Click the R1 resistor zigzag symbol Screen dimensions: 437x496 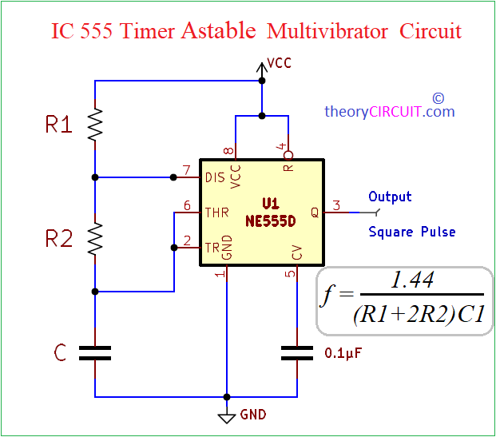coord(95,125)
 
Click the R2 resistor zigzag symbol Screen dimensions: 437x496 coord(95,238)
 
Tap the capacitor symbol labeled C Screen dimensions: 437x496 coord(95,353)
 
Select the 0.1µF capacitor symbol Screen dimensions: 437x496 coord(298,353)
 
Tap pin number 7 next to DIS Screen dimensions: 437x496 coord(187,169)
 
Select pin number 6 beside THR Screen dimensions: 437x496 coord(187,205)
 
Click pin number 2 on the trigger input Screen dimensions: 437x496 coord(187,240)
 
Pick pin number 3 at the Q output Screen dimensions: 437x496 coord(336,206)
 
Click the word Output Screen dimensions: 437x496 coord(390,197)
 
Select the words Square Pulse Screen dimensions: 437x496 coord(412,232)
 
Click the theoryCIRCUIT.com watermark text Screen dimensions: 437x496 coord(389,112)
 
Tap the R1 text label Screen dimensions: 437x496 coord(58,125)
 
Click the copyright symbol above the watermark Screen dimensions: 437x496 coord(438,97)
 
